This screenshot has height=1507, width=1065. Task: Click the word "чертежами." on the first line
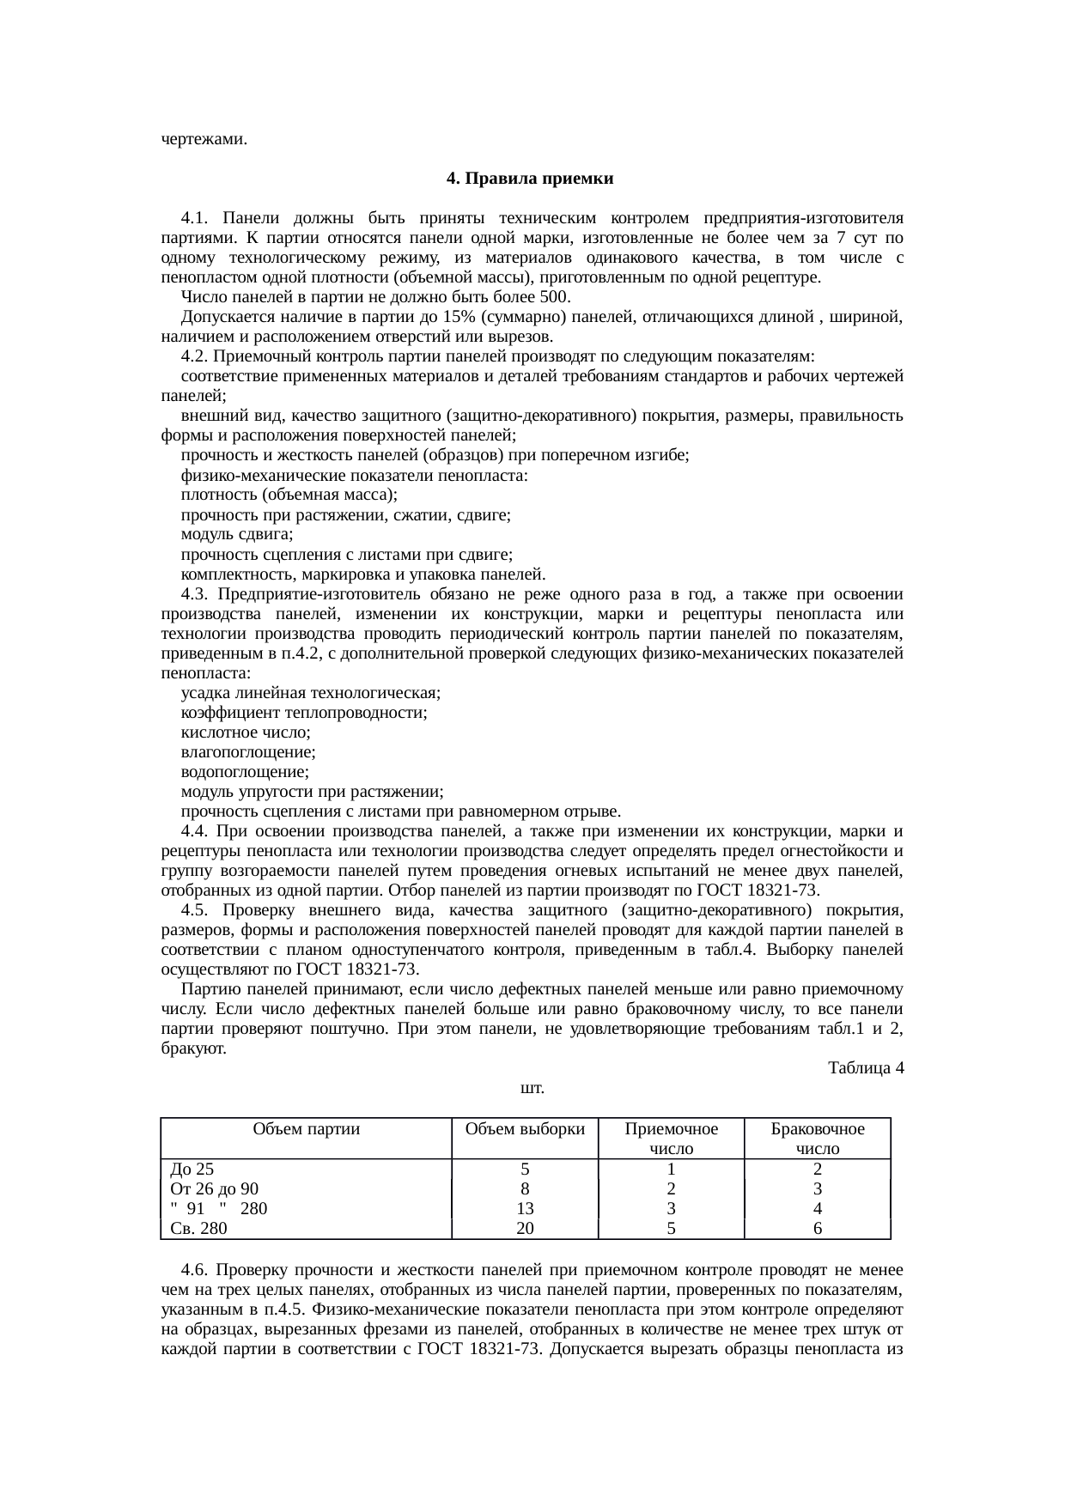click(204, 139)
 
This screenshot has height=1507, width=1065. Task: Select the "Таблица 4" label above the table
click(865, 1068)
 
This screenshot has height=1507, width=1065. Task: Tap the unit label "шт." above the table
click(532, 1088)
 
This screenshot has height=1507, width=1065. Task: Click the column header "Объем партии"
click(307, 1129)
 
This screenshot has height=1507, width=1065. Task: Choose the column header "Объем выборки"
click(525, 1129)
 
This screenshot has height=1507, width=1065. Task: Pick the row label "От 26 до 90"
click(215, 1188)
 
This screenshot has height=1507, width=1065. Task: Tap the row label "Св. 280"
click(199, 1228)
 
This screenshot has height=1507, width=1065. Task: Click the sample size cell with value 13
click(525, 1208)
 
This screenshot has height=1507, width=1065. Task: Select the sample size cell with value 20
click(525, 1228)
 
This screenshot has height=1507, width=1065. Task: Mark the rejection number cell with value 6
click(818, 1228)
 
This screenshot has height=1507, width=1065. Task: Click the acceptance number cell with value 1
click(671, 1169)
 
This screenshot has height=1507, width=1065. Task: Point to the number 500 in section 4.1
click(553, 297)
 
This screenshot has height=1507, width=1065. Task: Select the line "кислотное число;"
click(246, 732)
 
